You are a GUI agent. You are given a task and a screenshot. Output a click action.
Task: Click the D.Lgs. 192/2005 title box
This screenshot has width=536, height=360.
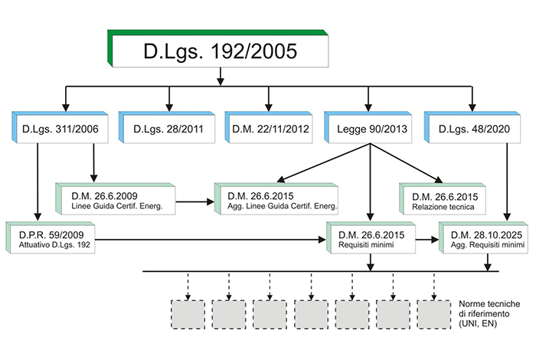(218, 48)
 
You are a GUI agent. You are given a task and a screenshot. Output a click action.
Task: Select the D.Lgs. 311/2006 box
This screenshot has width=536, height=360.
(60, 127)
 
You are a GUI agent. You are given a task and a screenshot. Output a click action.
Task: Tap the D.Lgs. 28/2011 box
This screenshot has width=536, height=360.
(167, 127)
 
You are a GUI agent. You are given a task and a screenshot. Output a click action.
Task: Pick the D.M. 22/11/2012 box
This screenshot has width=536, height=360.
(269, 127)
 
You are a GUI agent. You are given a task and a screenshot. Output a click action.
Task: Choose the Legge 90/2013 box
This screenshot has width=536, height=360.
(368, 127)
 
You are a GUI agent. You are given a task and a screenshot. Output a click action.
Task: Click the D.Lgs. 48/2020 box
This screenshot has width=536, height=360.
(472, 127)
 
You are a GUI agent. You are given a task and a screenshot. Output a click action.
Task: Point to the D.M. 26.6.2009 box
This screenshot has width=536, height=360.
(116, 199)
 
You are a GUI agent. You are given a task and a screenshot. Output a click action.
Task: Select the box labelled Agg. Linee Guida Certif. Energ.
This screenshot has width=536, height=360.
(276, 199)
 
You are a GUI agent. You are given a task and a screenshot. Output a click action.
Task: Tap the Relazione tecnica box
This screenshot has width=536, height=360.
(443, 199)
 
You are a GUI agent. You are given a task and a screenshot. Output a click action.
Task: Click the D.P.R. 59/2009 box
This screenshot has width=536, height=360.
(51, 237)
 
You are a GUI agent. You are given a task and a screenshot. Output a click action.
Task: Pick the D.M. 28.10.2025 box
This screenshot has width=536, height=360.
(484, 237)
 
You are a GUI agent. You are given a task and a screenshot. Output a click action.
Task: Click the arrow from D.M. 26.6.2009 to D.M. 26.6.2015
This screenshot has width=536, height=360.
(194, 201)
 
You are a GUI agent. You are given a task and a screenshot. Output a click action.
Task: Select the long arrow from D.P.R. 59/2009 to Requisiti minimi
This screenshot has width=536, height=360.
(211, 240)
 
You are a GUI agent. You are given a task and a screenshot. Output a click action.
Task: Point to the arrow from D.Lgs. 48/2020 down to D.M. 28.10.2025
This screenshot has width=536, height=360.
(507, 182)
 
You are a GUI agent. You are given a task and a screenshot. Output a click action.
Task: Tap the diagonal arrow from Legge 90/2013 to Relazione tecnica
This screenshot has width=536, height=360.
(406, 163)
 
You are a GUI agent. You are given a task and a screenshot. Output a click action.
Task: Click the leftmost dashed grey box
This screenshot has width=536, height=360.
(188, 315)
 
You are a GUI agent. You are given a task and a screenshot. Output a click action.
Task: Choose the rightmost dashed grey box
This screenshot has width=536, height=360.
(434, 315)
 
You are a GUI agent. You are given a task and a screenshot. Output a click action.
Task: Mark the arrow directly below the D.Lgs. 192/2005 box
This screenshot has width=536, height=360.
(221, 77)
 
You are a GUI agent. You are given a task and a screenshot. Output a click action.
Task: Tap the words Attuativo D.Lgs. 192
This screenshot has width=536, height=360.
(54, 245)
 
